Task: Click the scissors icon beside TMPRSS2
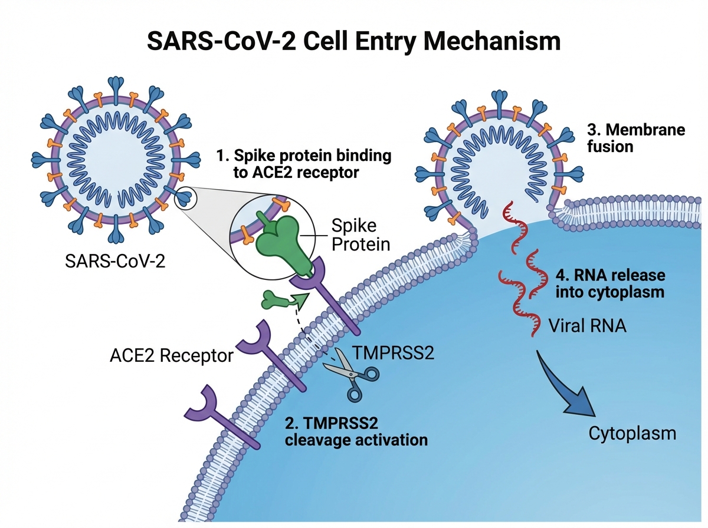click(352, 372)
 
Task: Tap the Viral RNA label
click(584, 325)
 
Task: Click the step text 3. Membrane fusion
click(636, 137)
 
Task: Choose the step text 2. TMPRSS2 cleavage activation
click(356, 431)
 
